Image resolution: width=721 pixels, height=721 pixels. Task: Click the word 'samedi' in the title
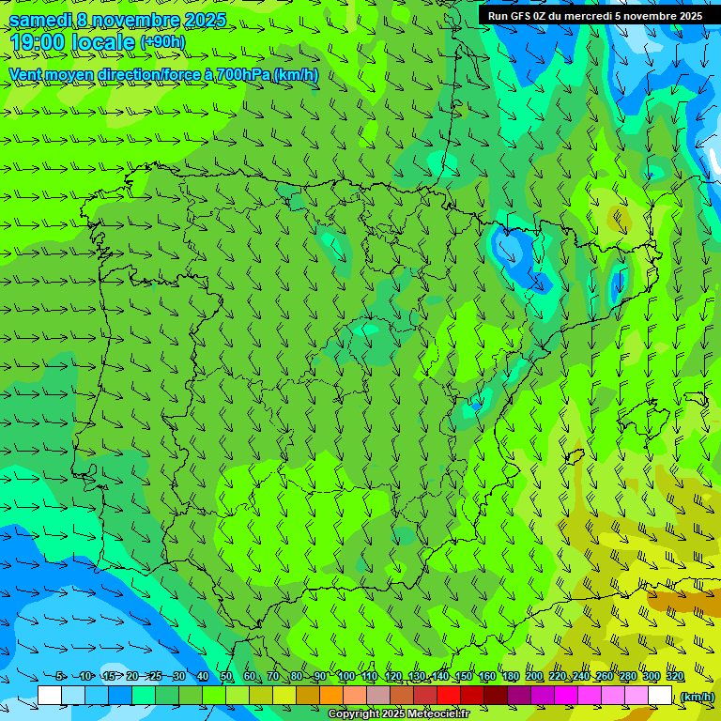(39, 20)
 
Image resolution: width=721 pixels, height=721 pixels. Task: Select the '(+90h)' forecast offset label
(162, 42)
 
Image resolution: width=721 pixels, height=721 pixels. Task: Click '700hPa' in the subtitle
(240, 74)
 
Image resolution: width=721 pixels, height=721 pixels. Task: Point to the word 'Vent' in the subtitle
(26, 74)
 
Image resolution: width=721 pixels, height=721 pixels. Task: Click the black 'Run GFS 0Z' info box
(594, 16)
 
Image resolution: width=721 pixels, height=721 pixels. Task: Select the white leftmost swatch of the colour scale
(50, 696)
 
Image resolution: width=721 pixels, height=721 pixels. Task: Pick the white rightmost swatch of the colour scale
(660, 696)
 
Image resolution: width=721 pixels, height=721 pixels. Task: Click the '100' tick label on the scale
(345, 677)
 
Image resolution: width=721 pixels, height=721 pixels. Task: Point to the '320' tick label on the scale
(674, 677)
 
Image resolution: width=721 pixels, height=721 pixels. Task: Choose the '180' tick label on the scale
(510, 677)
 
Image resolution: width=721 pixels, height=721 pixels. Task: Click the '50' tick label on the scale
(226, 677)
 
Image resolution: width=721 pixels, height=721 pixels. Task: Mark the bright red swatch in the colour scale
(449, 696)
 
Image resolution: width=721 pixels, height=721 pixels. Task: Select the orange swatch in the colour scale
(331, 696)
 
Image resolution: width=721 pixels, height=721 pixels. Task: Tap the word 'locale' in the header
(101, 41)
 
